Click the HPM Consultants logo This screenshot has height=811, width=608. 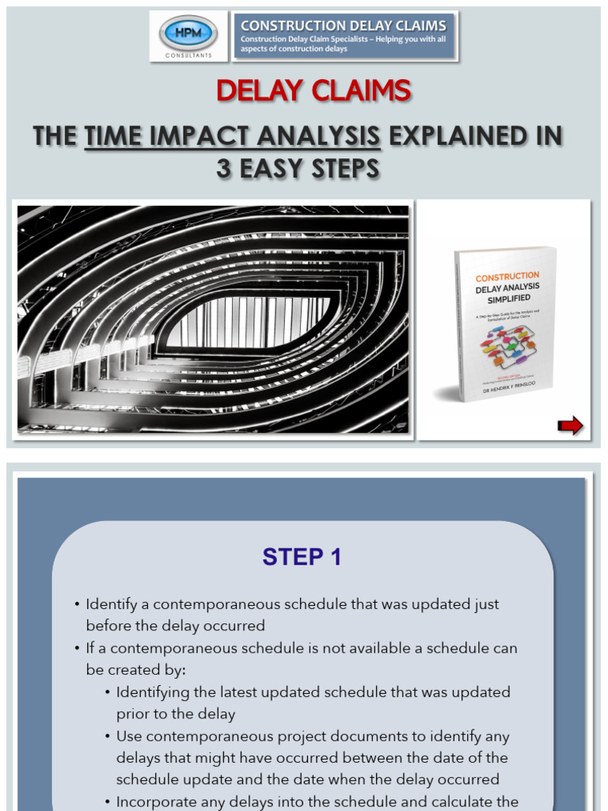click(x=188, y=36)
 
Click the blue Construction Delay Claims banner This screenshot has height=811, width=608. click(x=344, y=36)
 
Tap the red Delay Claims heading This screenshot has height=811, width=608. click(x=313, y=91)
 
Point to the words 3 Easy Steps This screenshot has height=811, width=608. click(x=298, y=169)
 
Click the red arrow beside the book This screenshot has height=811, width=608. click(x=570, y=426)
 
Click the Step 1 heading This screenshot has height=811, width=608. click(x=302, y=557)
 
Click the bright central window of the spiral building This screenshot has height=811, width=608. click(x=245, y=320)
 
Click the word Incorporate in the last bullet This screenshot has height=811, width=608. click(x=155, y=801)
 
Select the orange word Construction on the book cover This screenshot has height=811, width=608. click(x=507, y=276)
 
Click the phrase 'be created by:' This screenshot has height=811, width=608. click(x=135, y=670)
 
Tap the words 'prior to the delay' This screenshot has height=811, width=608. click(x=176, y=714)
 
